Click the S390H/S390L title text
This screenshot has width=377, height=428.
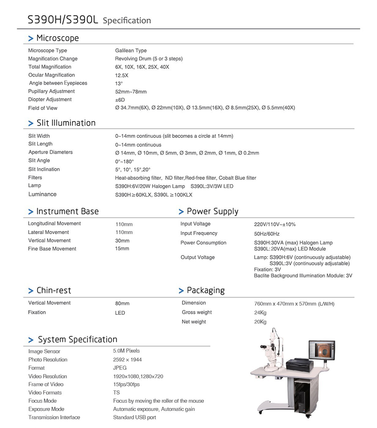click(x=63, y=20)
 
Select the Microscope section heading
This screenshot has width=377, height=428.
click(x=57, y=38)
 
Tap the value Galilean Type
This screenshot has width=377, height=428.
click(x=131, y=51)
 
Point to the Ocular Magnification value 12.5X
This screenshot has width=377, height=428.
click(x=121, y=75)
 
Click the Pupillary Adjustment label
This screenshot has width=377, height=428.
click(x=51, y=92)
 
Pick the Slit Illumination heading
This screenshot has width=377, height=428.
click(x=66, y=123)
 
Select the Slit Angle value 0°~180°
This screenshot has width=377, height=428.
click(x=124, y=161)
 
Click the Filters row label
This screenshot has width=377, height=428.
click(x=35, y=178)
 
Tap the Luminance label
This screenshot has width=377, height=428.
click(x=42, y=194)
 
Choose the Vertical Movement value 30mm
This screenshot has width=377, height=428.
click(x=122, y=241)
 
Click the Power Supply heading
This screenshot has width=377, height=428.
click(x=212, y=211)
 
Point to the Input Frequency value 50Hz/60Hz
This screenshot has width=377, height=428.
click(x=266, y=234)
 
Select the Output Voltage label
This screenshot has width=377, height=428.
click(x=197, y=257)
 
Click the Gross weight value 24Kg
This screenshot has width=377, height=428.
click(x=260, y=313)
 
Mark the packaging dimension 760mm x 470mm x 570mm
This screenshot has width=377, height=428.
click(x=294, y=304)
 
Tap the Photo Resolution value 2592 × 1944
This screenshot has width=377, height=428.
click(x=127, y=360)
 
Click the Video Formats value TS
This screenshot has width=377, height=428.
click(x=117, y=392)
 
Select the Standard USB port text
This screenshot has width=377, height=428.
click(x=135, y=417)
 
